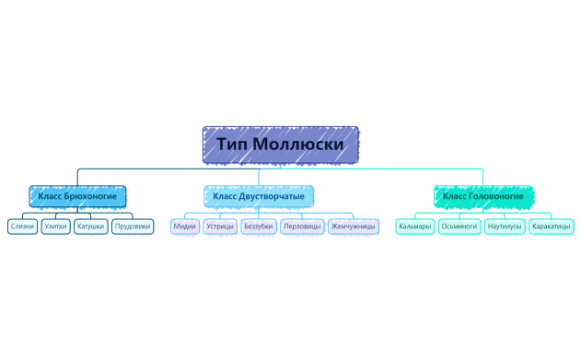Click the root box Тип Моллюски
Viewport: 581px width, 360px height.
click(x=280, y=145)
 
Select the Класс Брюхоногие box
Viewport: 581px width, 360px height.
click(x=77, y=196)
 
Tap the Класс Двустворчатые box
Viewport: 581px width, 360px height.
click(x=258, y=196)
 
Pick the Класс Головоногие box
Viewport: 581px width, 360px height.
click(x=483, y=196)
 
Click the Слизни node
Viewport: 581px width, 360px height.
click(x=22, y=226)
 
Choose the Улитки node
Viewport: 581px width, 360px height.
click(x=55, y=226)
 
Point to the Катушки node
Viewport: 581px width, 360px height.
click(x=90, y=226)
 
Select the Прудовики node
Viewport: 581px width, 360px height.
click(x=133, y=226)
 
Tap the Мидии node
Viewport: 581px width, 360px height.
click(x=184, y=226)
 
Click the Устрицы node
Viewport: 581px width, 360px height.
click(x=220, y=226)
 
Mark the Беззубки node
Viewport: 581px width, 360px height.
click(x=258, y=226)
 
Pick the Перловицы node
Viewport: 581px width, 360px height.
click(x=302, y=226)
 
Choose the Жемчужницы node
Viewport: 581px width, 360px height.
click(x=353, y=226)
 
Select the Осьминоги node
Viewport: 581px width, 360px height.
click(x=459, y=226)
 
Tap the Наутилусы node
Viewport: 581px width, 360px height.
click(x=505, y=226)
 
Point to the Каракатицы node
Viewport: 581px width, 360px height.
click(x=552, y=226)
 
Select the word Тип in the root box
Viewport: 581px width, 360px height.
click(x=231, y=145)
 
